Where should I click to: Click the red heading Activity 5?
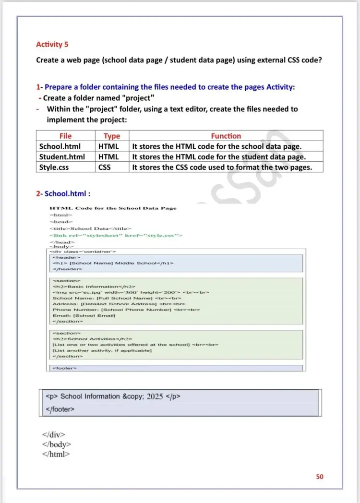click(52, 45)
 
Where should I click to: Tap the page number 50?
click(320, 477)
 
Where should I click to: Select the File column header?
click(65, 136)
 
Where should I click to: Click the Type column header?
click(112, 136)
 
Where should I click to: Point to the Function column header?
click(226, 136)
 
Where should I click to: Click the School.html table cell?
click(60, 146)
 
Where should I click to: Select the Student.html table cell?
click(62, 156)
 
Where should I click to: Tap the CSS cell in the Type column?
click(104, 167)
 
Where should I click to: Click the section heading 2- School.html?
click(63, 194)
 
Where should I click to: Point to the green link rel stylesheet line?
click(116, 236)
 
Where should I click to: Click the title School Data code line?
click(90, 228)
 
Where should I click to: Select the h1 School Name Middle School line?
click(113, 263)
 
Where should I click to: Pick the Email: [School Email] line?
click(84, 315)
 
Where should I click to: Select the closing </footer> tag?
click(60, 409)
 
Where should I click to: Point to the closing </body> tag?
click(57, 444)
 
